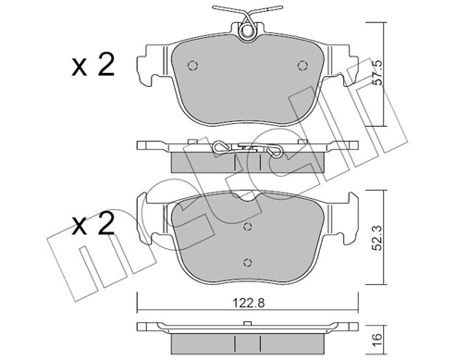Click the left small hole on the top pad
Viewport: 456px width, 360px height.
[191, 65]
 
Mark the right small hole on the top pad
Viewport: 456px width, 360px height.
[302, 65]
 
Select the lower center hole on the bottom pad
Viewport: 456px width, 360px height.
[246, 261]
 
